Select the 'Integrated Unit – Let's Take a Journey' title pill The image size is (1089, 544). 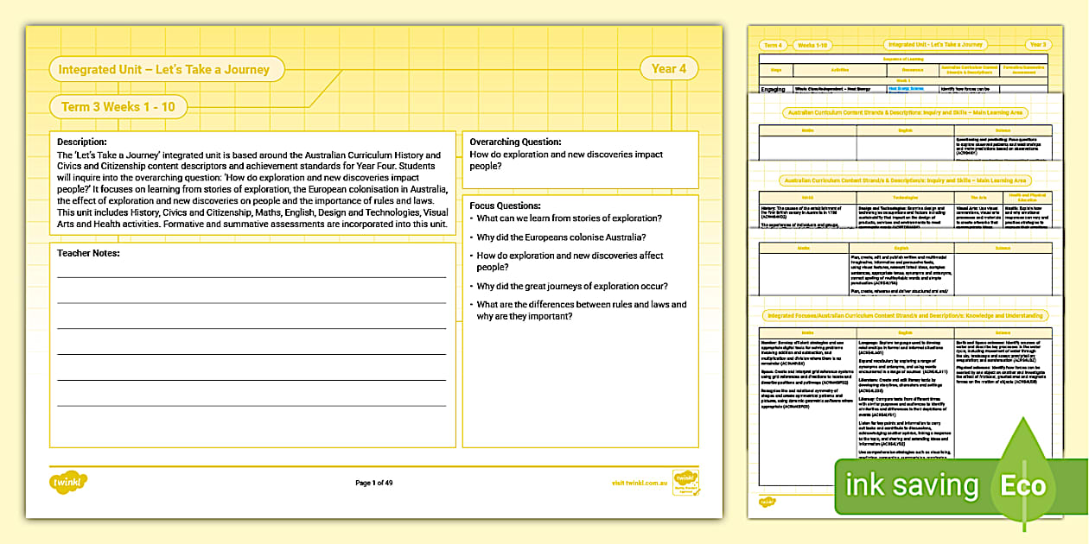163,70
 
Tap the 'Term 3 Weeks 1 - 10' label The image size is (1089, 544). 118,107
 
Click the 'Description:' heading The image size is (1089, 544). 82,142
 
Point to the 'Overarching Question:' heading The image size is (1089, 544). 515,142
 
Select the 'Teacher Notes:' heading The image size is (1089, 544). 88,253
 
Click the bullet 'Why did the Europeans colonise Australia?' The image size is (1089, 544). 562,237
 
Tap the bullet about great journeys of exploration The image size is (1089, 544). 572,286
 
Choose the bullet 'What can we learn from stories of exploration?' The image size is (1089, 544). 570,218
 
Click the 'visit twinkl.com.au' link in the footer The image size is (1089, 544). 640,483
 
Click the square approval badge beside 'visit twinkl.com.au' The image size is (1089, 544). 685,482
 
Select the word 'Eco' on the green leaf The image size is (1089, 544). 1023,485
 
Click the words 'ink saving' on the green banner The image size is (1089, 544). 912,485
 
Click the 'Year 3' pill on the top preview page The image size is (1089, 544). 1037,45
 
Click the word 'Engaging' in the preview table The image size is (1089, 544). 774,89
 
